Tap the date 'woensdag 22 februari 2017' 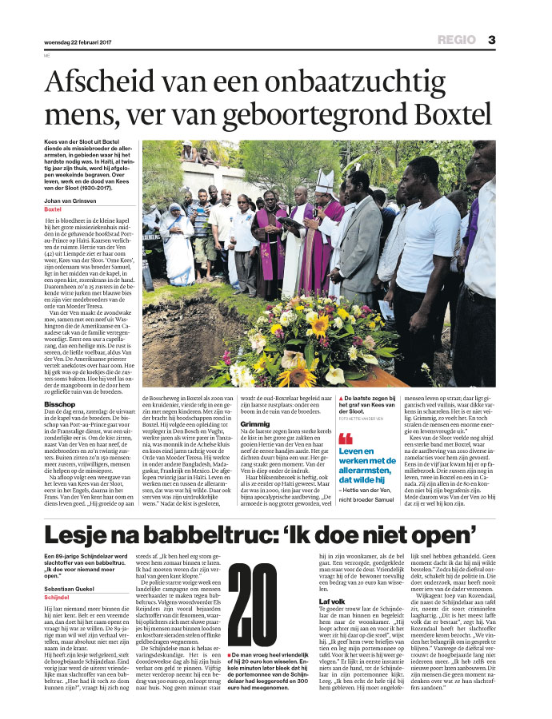coord(78,42)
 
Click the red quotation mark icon coord(346,438)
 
